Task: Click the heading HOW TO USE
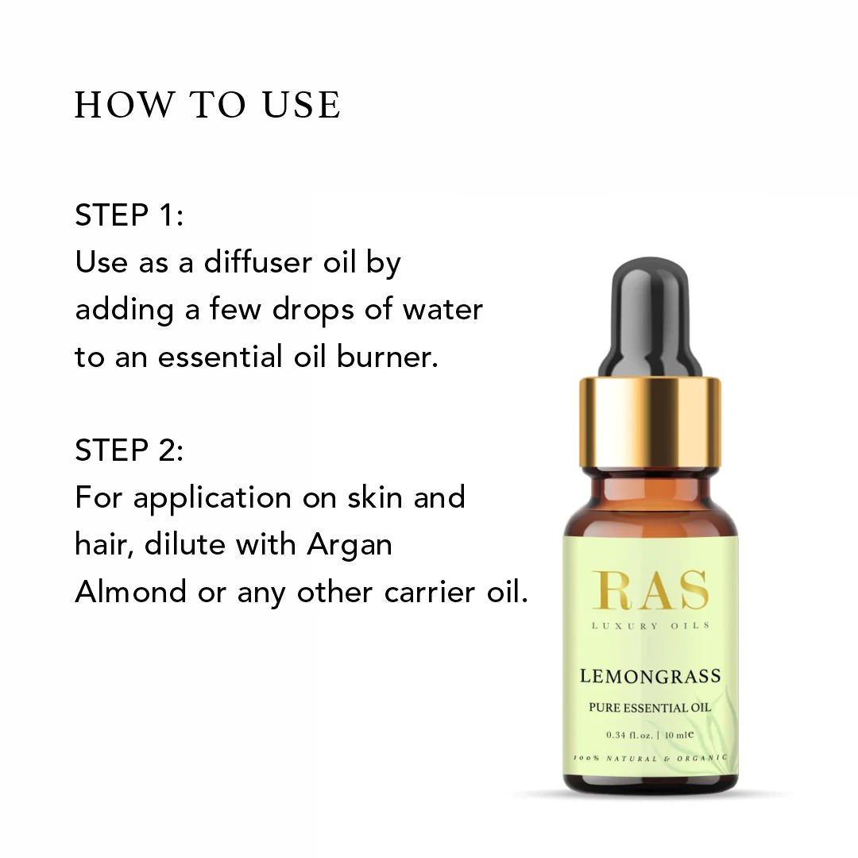click(207, 105)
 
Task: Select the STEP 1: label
click(129, 214)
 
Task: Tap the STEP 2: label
click(129, 450)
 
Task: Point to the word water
click(443, 309)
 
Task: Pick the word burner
click(388, 356)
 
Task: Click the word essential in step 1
click(220, 356)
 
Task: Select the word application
click(212, 499)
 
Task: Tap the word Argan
click(349, 546)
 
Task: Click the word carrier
click(430, 592)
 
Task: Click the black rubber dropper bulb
click(650, 317)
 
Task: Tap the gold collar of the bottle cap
click(650, 423)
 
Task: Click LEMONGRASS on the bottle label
click(650, 676)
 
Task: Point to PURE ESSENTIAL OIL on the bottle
click(650, 708)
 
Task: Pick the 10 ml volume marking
click(679, 735)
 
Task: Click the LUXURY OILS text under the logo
click(650, 625)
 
